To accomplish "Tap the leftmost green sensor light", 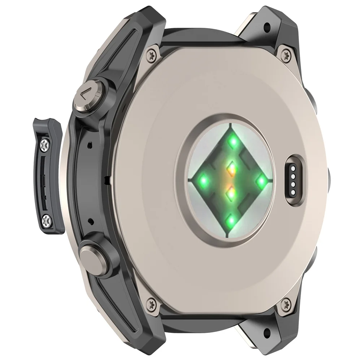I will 204,179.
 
